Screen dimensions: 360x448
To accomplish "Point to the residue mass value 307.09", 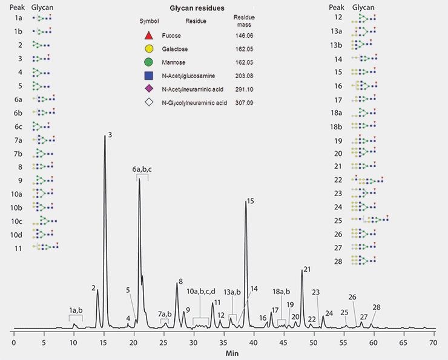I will click(244, 103).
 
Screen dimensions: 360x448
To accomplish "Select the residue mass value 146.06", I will click(244, 36).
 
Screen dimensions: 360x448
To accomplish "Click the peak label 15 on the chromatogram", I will click(251, 201).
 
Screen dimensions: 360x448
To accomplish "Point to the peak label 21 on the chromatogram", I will click(307, 269).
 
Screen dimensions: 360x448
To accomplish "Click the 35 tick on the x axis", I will click(223, 342).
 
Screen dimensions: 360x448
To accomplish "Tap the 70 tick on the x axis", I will click(433, 342).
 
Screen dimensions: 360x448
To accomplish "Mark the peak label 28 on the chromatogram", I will click(377, 307).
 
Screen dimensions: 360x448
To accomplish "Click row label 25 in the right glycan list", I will click(338, 220).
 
